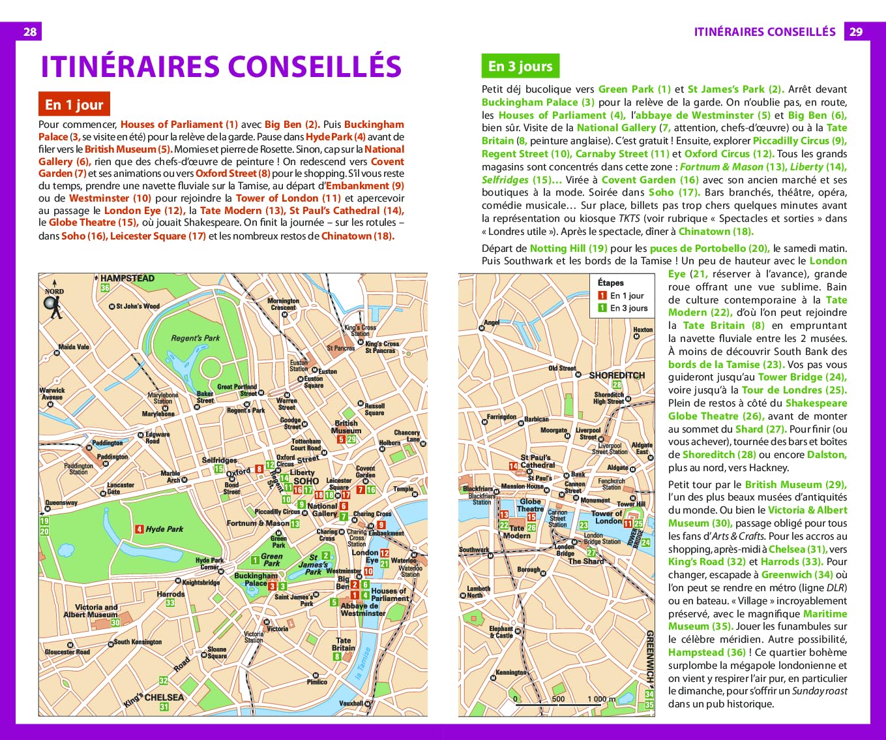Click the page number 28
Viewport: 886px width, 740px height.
click(30, 31)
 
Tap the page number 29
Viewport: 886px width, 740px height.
click(856, 31)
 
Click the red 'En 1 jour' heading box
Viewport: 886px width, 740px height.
click(74, 104)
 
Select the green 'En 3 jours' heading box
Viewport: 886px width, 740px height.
click(520, 66)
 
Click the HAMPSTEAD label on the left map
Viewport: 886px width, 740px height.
click(127, 279)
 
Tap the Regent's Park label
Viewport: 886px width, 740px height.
click(195, 338)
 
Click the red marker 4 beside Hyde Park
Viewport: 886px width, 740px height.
click(140, 529)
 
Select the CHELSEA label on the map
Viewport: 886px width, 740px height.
click(164, 697)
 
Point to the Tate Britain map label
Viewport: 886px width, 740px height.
click(343, 644)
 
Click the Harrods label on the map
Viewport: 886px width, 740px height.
click(170, 594)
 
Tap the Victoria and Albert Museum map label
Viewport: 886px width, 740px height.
click(91, 611)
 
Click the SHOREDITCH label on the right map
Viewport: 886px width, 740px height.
click(616, 375)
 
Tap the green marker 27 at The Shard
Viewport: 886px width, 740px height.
click(591, 553)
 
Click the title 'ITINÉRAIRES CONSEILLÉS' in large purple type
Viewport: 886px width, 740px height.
click(221, 67)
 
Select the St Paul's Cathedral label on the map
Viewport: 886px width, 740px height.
click(537, 461)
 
